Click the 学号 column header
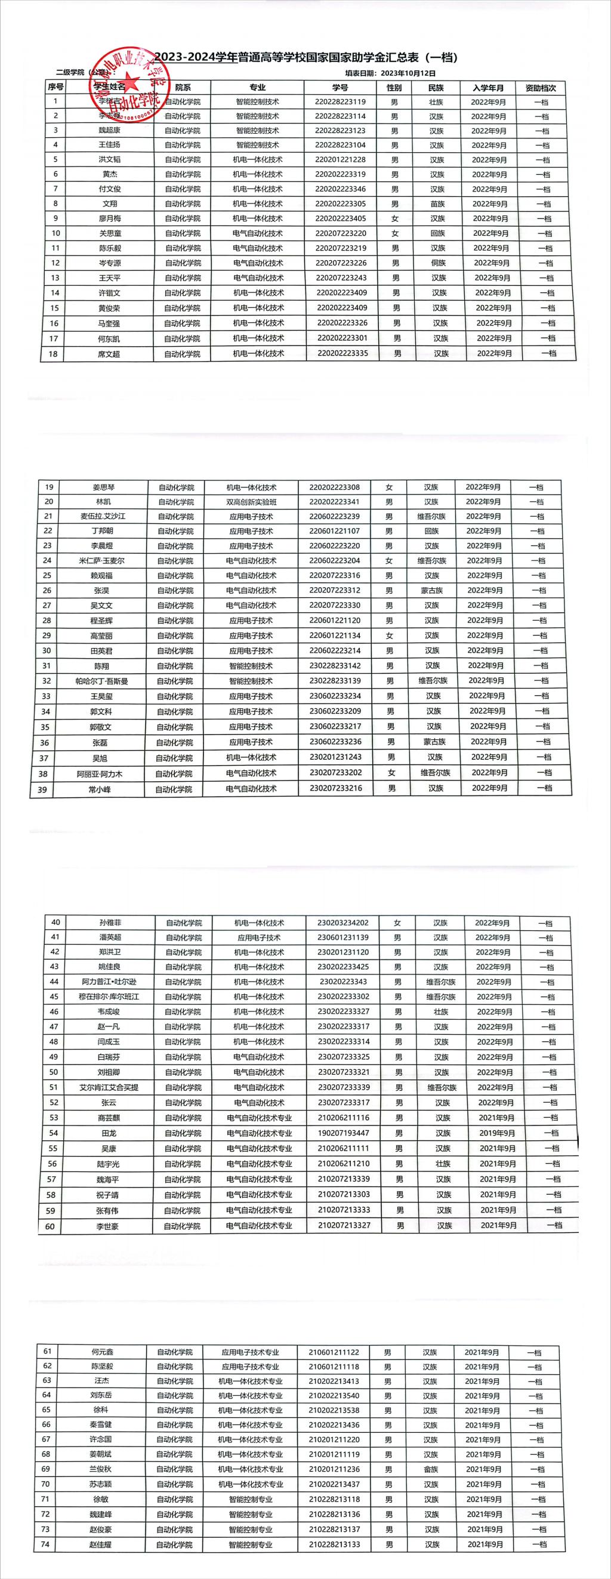pos(340,88)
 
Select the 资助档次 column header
pos(541,88)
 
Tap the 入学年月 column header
pos(488,88)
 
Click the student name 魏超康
pos(110,131)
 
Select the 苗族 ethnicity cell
pos(436,204)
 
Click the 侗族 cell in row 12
pos(437,263)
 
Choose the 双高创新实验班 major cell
pos(251,502)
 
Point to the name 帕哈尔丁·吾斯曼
pos(101,681)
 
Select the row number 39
pos(42,789)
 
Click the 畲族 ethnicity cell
pos(431,1469)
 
